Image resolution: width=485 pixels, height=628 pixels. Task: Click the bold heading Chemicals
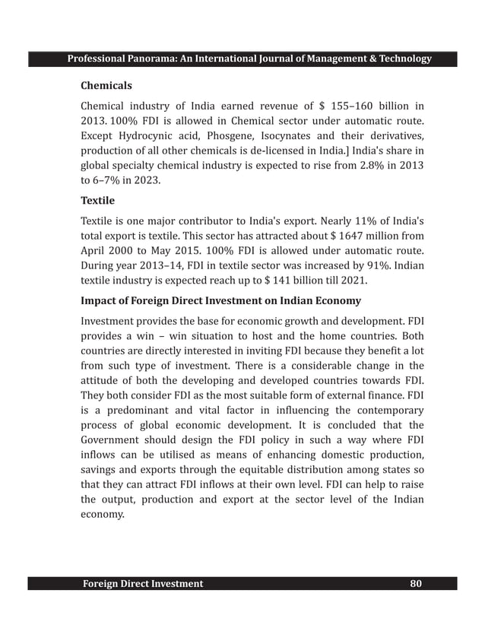tap(106, 86)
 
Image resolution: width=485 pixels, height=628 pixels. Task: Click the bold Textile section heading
tap(97, 201)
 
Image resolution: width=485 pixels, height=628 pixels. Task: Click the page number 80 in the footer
tap(415, 584)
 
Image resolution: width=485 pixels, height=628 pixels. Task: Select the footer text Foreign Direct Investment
tap(143, 584)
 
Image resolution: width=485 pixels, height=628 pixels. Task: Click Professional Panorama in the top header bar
tap(121, 59)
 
